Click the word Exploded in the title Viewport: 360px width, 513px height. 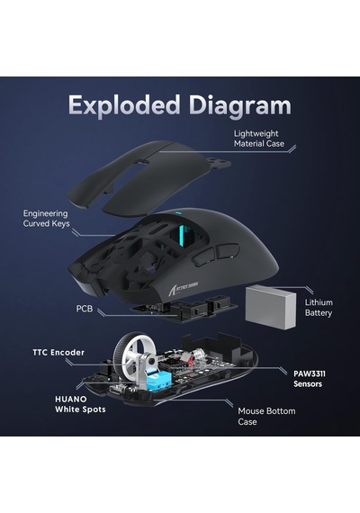click(x=124, y=105)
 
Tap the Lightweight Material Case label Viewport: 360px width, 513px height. click(x=258, y=139)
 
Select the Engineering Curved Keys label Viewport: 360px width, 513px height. click(x=46, y=219)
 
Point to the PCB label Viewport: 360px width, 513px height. click(x=85, y=309)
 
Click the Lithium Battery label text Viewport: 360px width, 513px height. click(x=319, y=308)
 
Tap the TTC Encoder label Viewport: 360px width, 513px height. click(x=58, y=353)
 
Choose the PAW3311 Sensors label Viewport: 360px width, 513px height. click(x=310, y=379)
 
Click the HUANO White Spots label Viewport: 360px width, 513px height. click(x=80, y=404)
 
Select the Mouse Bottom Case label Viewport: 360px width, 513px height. click(x=266, y=416)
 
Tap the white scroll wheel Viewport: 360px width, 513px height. click(x=131, y=358)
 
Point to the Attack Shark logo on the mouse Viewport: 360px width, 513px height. click(x=183, y=288)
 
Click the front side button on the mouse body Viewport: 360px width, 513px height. click(x=202, y=256)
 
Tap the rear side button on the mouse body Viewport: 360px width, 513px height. click(x=227, y=250)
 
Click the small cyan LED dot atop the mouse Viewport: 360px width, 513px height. click(x=177, y=213)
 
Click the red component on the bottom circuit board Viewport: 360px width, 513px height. click(x=186, y=359)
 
